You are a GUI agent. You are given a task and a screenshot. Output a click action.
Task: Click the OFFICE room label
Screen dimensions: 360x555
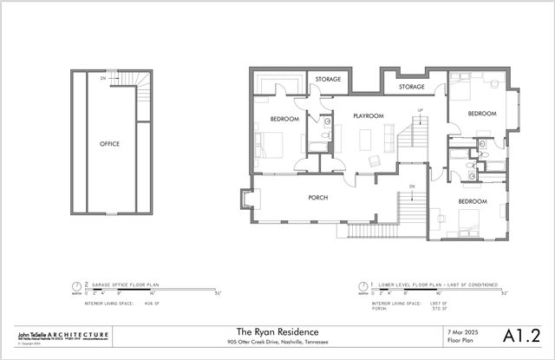click(109, 143)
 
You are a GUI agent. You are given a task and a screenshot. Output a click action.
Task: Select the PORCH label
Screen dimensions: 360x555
click(318, 198)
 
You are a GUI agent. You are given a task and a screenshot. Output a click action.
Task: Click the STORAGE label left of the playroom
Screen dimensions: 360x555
click(327, 80)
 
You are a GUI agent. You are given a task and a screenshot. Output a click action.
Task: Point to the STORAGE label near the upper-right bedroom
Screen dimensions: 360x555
click(411, 88)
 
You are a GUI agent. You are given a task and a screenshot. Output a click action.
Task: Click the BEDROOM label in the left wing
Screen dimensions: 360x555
click(284, 119)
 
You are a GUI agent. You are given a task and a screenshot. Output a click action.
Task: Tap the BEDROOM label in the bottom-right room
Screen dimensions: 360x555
click(472, 201)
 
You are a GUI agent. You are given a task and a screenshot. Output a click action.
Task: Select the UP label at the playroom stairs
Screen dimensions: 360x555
click(421, 110)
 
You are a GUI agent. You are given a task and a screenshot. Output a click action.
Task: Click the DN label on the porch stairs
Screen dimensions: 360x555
click(412, 186)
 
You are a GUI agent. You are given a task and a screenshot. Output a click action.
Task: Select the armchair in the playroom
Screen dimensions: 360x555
click(375, 160)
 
